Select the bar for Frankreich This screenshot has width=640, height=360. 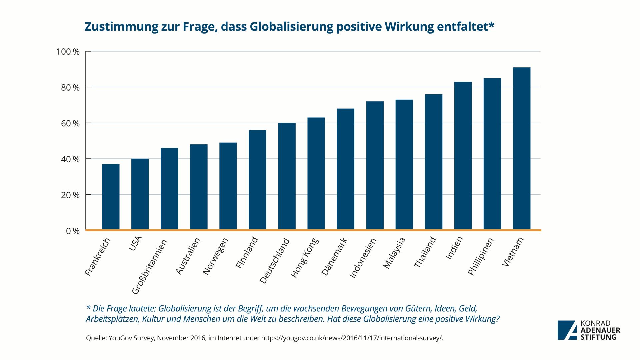coord(111,197)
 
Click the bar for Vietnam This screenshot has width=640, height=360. coord(522,149)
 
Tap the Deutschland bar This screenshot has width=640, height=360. coord(287,176)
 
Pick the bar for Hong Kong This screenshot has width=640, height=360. coord(316,174)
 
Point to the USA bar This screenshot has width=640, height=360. coord(140,194)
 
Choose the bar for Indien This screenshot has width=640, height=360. coord(463,156)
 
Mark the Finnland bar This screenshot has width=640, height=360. coord(257,180)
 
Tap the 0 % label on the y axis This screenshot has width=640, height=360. coord(73,231)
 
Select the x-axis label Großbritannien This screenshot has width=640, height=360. coord(149,267)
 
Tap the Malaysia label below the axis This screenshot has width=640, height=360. coord(394,253)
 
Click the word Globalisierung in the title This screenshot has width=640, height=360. coord(291,26)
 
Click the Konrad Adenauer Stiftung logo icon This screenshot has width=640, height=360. coord(567,330)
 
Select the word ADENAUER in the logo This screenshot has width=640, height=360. coord(600,330)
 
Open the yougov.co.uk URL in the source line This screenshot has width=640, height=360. coord(352,338)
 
